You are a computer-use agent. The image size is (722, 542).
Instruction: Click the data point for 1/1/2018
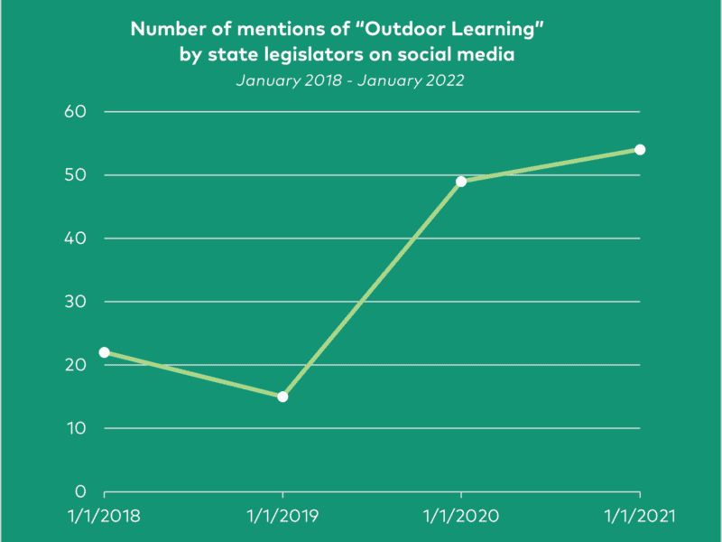click(x=105, y=352)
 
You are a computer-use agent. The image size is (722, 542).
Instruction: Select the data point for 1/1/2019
click(x=283, y=397)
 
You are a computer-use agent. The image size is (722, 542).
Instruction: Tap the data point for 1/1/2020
click(x=461, y=182)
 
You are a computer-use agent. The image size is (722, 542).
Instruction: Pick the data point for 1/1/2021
click(x=640, y=150)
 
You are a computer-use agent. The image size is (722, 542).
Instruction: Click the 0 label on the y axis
click(x=79, y=492)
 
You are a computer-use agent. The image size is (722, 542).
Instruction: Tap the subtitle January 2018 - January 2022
click(x=350, y=80)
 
